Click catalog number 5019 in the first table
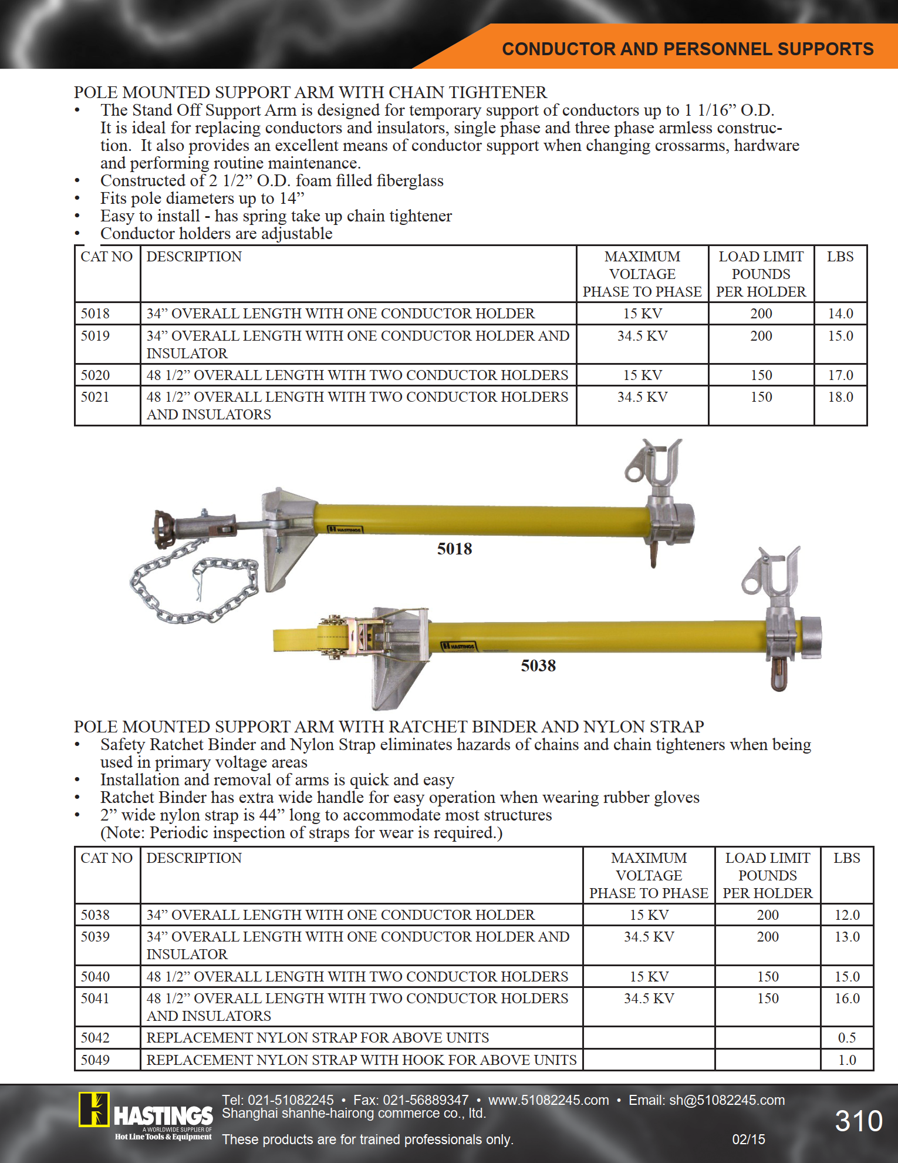95,336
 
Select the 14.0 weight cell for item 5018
840,314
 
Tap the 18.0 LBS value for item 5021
840,397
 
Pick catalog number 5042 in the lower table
95,1038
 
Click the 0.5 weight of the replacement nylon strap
846,1038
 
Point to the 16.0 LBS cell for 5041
847,999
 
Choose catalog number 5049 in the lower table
95,1060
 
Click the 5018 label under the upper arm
454,549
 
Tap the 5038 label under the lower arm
538,666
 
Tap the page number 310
858,1121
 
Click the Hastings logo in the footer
147,1116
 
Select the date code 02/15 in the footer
748,1140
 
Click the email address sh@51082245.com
727,1100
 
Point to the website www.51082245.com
548,1100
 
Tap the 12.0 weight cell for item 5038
847,915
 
